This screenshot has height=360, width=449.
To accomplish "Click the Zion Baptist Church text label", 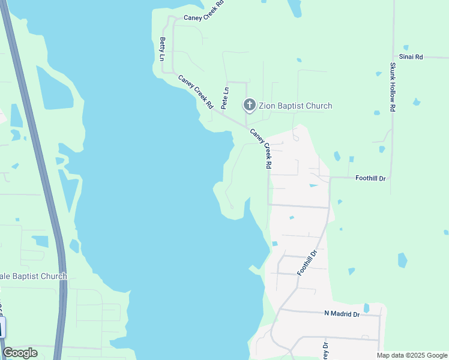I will [295, 106].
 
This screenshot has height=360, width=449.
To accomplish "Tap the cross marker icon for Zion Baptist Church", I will [249, 105].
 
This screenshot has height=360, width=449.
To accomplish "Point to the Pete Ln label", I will [225, 98].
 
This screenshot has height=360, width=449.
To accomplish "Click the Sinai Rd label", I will [415, 57].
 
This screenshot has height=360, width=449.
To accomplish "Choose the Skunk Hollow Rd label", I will [393, 87].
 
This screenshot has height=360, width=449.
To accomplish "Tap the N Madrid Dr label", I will [342, 314].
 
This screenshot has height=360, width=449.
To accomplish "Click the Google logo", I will [20, 353].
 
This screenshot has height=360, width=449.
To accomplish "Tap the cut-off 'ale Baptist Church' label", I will [34, 276].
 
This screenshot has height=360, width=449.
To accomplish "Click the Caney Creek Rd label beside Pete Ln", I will [196, 91].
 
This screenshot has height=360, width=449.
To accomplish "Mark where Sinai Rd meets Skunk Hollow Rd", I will [393, 58].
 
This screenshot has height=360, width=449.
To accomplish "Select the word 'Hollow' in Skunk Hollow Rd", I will [393, 86].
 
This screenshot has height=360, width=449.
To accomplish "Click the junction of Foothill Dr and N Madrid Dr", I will [280, 310].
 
